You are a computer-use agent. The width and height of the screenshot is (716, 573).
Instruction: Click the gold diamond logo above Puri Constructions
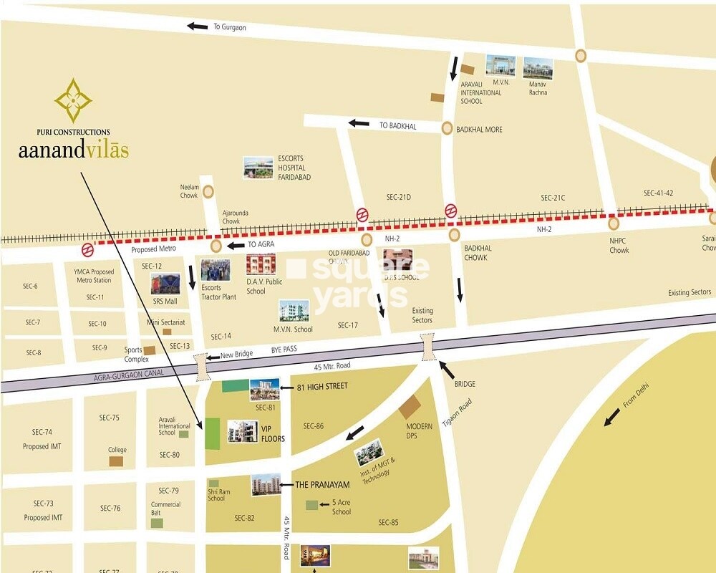pyautogui.click(x=73, y=100)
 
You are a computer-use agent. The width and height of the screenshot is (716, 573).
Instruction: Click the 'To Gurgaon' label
pyautogui.click(x=229, y=27)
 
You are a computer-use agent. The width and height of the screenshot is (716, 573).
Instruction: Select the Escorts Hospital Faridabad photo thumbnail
pyautogui.click(x=258, y=168)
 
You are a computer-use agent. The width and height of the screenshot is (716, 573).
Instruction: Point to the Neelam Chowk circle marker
pyautogui.click(x=208, y=191)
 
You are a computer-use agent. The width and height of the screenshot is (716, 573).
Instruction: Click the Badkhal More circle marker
pyautogui.click(x=447, y=129)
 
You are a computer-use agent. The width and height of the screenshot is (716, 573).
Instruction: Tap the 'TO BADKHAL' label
pyautogui.click(x=397, y=125)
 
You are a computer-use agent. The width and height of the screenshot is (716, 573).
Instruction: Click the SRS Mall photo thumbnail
pyautogui.click(x=165, y=284)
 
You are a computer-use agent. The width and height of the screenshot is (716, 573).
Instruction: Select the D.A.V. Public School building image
pyautogui.click(x=261, y=264)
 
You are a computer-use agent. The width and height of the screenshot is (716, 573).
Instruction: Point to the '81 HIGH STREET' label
pyautogui.click(x=322, y=387)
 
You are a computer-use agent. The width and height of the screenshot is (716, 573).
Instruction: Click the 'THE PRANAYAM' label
pyautogui.click(x=322, y=485)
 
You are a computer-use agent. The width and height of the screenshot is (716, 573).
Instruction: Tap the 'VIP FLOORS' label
pyautogui.click(x=273, y=434)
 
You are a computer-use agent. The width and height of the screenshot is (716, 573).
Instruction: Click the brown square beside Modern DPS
pyautogui.click(x=410, y=407)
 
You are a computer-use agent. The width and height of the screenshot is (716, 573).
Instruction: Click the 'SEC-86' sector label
pyautogui.click(x=313, y=426)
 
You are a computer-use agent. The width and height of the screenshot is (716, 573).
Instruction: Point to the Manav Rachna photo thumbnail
pyautogui.click(x=538, y=68)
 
